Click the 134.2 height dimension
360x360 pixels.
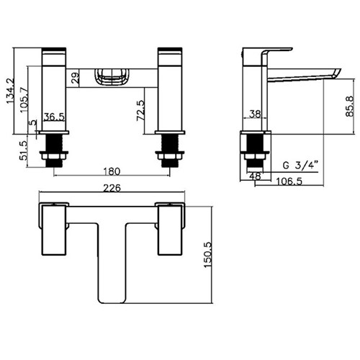tap(10, 91)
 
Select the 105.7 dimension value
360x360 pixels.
tap(24, 99)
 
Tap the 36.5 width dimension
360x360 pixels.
tap(54, 117)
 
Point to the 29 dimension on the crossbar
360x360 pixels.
tap(75, 78)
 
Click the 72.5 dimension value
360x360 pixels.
tap(141, 111)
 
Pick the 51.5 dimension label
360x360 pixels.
tap(24, 150)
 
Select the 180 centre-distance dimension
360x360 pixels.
tap(112, 171)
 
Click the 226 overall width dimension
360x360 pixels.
tap(112, 188)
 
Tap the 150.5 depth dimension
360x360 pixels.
tap(208, 255)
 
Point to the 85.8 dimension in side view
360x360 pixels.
tap(349, 106)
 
